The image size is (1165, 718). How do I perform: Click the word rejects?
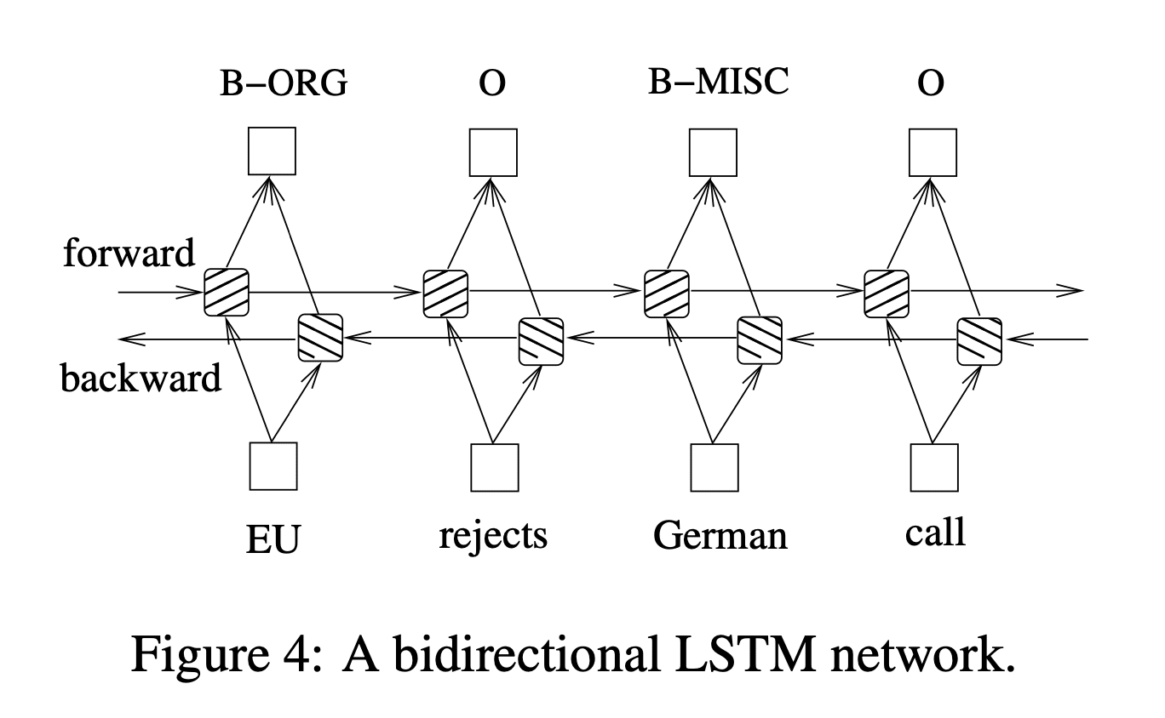[x=493, y=536]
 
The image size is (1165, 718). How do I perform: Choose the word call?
[x=935, y=533]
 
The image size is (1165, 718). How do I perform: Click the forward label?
[x=129, y=253]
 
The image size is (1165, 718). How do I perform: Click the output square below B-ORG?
[x=272, y=151]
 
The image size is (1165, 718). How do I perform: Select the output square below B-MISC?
[x=714, y=152]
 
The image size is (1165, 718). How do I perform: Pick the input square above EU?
[x=273, y=466]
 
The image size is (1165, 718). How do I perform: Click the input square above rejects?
[x=495, y=467]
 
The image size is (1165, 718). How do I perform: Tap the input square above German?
[x=714, y=467]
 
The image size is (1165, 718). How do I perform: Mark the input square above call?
[x=934, y=467]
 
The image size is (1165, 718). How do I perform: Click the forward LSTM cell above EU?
[x=226, y=293]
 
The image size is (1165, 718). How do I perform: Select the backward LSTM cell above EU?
[x=320, y=338]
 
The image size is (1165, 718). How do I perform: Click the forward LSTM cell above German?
[x=666, y=293]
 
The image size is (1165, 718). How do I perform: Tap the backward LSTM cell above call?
[x=979, y=340]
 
